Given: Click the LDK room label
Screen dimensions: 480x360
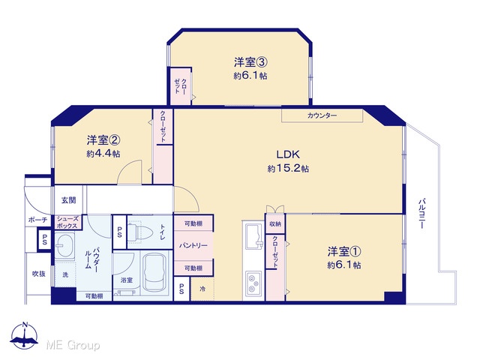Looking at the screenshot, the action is [x=288, y=154].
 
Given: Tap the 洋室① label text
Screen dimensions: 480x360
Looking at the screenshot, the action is [x=344, y=252].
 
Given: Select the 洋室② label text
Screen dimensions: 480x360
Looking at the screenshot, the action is [x=103, y=140].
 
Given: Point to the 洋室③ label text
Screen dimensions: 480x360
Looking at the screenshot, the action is [x=250, y=62].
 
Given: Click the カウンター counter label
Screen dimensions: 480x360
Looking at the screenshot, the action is [x=322, y=115].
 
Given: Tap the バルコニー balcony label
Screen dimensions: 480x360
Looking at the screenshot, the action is [x=422, y=214].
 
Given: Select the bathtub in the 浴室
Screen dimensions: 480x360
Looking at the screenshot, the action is [x=155, y=272].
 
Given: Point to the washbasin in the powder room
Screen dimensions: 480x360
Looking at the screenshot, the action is [x=64, y=245].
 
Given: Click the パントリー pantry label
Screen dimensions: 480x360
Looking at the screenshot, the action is [x=193, y=245].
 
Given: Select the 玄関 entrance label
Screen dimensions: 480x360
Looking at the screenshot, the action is [x=69, y=200].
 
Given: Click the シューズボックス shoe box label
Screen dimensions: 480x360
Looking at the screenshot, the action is [x=67, y=223].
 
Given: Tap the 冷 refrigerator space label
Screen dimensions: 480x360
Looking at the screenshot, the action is [x=202, y=289].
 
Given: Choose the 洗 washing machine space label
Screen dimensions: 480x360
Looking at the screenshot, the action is [x=65, y=274].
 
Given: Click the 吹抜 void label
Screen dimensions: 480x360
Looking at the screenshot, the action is [x=39, y=274].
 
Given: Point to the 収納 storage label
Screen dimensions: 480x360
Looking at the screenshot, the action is [x=275, y=224].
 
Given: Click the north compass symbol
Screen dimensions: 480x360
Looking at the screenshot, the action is [x=25, y=335].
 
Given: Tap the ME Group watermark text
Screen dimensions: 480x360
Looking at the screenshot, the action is [x=73, y=345].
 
